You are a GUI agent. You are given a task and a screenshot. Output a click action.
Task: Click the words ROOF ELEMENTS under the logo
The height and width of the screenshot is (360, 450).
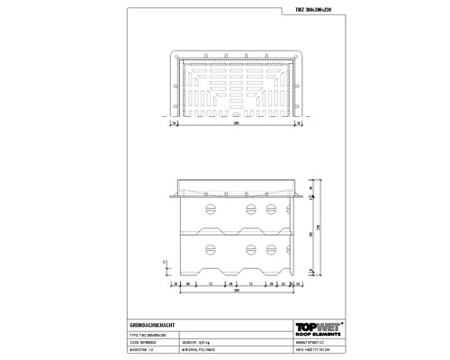pos(319,334)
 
